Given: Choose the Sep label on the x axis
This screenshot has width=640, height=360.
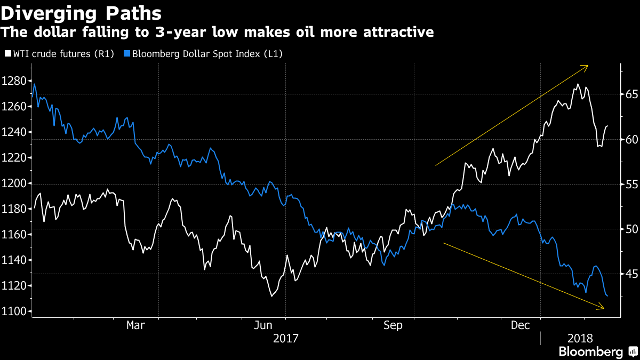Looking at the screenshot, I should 393,325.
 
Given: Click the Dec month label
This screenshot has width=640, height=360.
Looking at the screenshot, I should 520,325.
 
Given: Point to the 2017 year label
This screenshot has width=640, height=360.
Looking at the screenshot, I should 285,338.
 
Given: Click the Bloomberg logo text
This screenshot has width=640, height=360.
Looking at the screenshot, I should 590,351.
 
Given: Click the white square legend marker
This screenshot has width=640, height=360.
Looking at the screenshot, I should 7,53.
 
